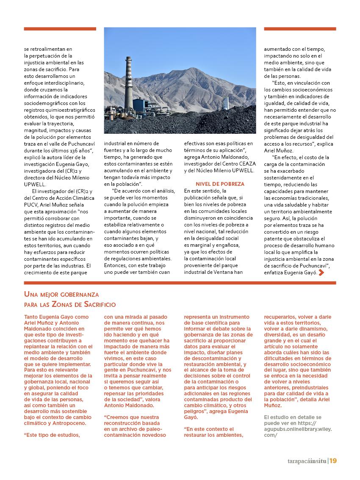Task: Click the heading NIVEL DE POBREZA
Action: (x=220, y=184)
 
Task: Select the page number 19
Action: (x=333, y=461)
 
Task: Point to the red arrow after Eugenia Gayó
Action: (x=321, y=273)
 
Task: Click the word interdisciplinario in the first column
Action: (x=65, y=83)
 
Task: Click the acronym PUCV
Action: (x=31, y=205)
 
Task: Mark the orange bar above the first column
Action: (x=60, y=29)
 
